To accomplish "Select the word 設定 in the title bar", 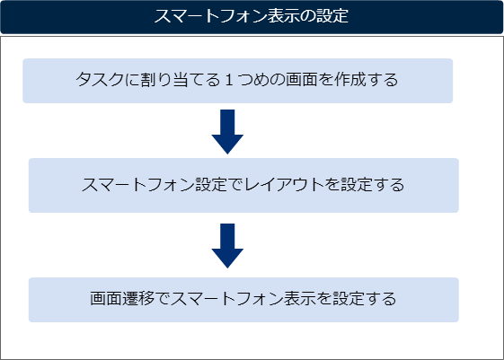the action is [x=332, y=16].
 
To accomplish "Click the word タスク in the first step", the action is [x=100, y=80].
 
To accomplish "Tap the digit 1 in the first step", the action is [x=229, y=80].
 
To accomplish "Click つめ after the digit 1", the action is [x=253, y=80].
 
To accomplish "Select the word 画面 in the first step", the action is [x=302, y=80].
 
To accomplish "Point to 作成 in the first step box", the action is [x=350, y=80].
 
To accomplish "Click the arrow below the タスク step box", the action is [x=227, y=132].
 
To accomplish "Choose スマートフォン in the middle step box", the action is [x=138, y=185].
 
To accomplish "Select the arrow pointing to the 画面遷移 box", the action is [x=227, y=246].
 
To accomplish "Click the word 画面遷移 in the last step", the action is [x=122, y=299].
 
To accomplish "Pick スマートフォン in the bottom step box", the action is [x=227, y=299].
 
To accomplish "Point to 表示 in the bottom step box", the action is [x=299, y=299].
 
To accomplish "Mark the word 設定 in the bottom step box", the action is [x=349, y=299].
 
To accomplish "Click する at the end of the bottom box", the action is [x=381, y=299].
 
